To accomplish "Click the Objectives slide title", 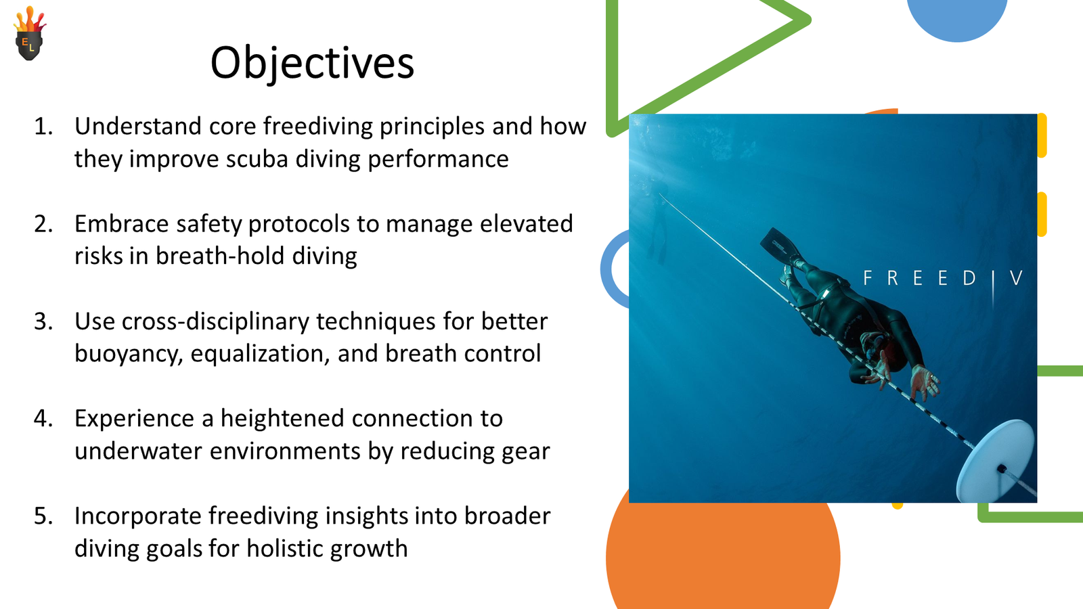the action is pyautogui.click(x=312, y=63).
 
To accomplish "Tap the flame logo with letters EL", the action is pyautogui.click(x=30, y=33).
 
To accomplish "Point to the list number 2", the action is pyautogui.click(x=43, y=224).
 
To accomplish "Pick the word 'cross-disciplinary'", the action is pyautogui.click(x=216, y=322).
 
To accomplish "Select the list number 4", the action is pyautogui.click(x=43, y=419).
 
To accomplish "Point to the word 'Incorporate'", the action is pyautogui.click(x=138, y=516).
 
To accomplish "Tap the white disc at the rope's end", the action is pyautogui.click(x=996, y=461).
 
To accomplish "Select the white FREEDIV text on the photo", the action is pyautogui.click(x=943, y=278).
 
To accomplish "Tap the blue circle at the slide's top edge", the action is pyautogui.click(x=957, y=20).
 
